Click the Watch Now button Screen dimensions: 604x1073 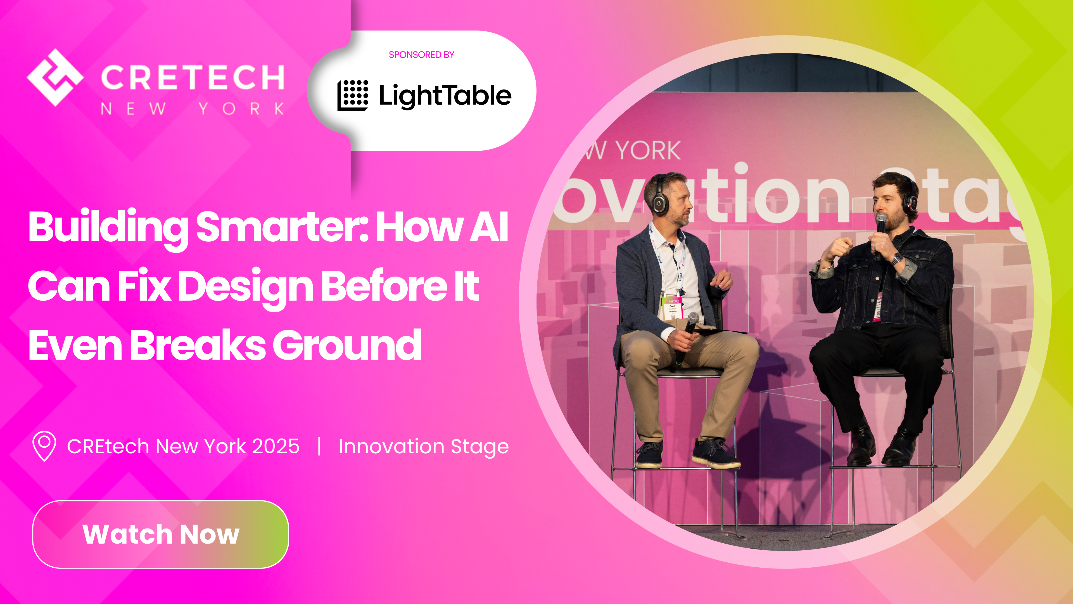pyautogui.click(x=160, y=534)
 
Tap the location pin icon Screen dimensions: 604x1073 pyautogui.click(x=44, y=446)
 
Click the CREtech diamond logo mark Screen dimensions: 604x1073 pyautogui.click(x=55, y=77)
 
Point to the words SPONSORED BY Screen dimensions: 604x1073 pyautogui.click(x=421, y=55)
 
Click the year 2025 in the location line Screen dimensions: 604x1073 pyautogui.click(x=276, y=447)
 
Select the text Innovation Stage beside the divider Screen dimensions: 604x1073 pyautogui.click(x=423, y=447)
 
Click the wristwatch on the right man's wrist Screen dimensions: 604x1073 pyautogui.click(x=897, y=258)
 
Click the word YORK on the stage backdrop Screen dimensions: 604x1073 pyautogui.click(x=648, y=151)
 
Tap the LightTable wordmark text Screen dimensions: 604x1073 pyautogui.click(x=445, y=95)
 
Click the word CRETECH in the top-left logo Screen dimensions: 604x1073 pyautogui.click(x=193, y=77)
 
